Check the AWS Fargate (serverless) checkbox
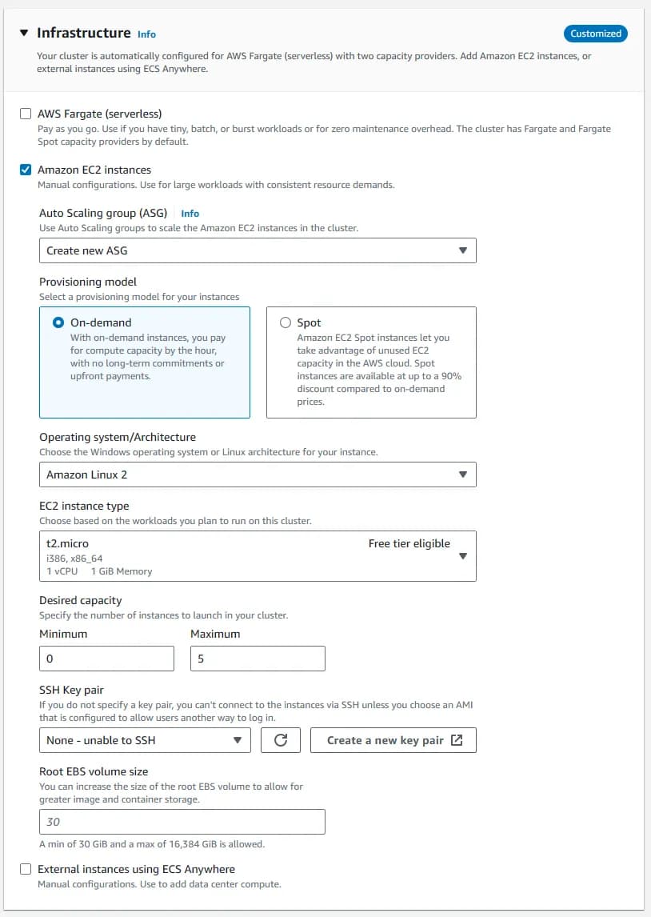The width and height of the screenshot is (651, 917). (26, 114)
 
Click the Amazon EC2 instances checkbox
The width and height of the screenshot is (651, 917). (26, 170)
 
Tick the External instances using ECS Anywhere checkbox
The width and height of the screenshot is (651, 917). (26, 869)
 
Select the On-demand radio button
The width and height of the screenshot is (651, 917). (58, 323)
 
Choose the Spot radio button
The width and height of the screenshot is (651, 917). (286, 323)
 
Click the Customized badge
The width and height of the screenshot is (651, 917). (596, 34)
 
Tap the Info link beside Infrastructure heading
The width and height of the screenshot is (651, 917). (146, 34)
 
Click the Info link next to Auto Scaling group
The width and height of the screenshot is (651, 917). (190, 214)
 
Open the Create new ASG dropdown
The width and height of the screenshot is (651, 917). (258, 250)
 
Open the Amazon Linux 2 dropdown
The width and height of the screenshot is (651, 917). (258, 475)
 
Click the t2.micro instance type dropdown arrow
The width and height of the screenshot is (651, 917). (462, 556)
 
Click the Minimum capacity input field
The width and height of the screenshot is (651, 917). (106, 659)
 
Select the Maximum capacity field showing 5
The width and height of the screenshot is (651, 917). (258, 659)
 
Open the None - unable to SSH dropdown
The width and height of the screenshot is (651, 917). (144, 740)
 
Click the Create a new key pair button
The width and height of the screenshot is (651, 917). (393, 740)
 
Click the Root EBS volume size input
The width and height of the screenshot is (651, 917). (182, 822)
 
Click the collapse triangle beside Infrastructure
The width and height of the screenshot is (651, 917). (24, 34)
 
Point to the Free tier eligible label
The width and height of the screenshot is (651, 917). (409, 543)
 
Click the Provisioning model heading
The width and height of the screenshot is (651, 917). (88, 282)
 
